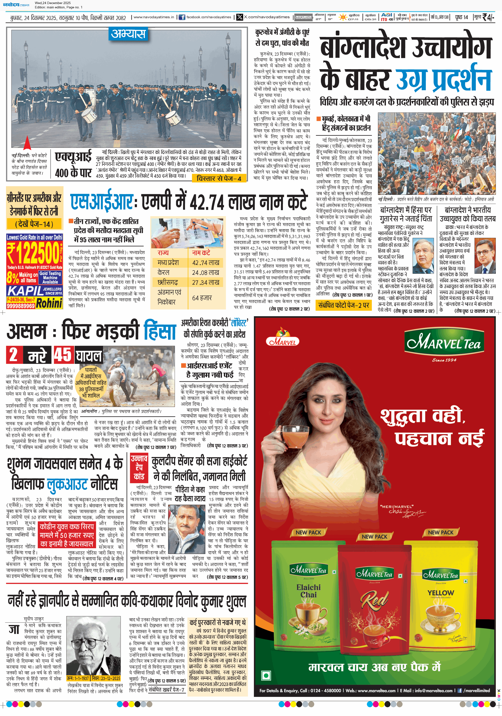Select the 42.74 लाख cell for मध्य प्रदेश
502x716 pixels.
tap(206, 263)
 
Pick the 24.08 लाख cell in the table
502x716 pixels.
tap(205, 273)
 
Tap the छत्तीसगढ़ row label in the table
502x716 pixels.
tap(168, 282)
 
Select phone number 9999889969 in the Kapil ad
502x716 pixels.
tap(21, 306)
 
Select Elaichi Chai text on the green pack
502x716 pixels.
tap(308, 591)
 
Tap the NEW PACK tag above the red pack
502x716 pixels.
tap(374, 536)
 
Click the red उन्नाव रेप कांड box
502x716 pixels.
tap(139, 467)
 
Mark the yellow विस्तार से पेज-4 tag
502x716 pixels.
tap(219, 178)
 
